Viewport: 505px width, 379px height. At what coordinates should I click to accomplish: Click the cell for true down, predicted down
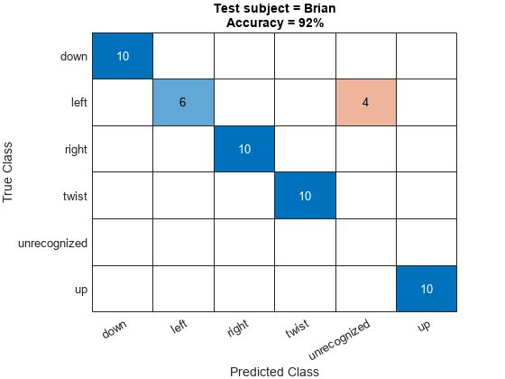point(123,56)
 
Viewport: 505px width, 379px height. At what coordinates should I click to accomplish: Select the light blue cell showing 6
point(183,102)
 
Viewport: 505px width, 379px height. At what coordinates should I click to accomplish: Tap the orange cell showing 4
point(365,102)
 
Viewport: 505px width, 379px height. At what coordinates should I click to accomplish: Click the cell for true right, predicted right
point(243,149)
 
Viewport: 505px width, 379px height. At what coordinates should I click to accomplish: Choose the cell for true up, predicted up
point(426,289)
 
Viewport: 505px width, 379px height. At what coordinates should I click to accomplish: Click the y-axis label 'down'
point(73,56)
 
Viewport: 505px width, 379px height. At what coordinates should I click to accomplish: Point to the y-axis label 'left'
point(78,103)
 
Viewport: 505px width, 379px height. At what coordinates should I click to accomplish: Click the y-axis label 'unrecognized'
point(53,243)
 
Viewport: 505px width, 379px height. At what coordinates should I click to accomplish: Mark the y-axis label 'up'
point(80,289)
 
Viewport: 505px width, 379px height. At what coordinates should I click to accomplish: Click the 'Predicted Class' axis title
point(274,371)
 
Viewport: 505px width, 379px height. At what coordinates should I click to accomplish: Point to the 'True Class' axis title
point(11,172)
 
